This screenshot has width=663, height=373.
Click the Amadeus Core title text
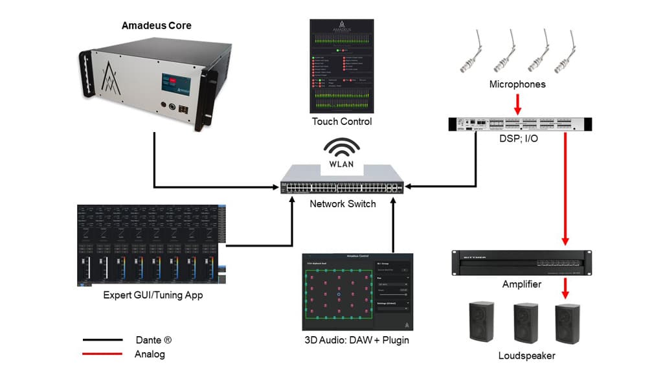(x=157, y=26)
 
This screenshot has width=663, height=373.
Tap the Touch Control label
(x=342, y=121)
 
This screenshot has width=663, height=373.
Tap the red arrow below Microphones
(x=517, y=102)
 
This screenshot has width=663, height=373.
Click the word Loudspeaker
(x=526, y=356)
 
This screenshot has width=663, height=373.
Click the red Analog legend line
(x=102, y=354)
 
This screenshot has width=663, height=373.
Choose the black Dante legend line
(x=102, y=339)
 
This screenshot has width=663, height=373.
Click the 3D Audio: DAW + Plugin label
(x=359, y=341)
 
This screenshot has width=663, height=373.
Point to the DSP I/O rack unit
(x=520, y=124)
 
